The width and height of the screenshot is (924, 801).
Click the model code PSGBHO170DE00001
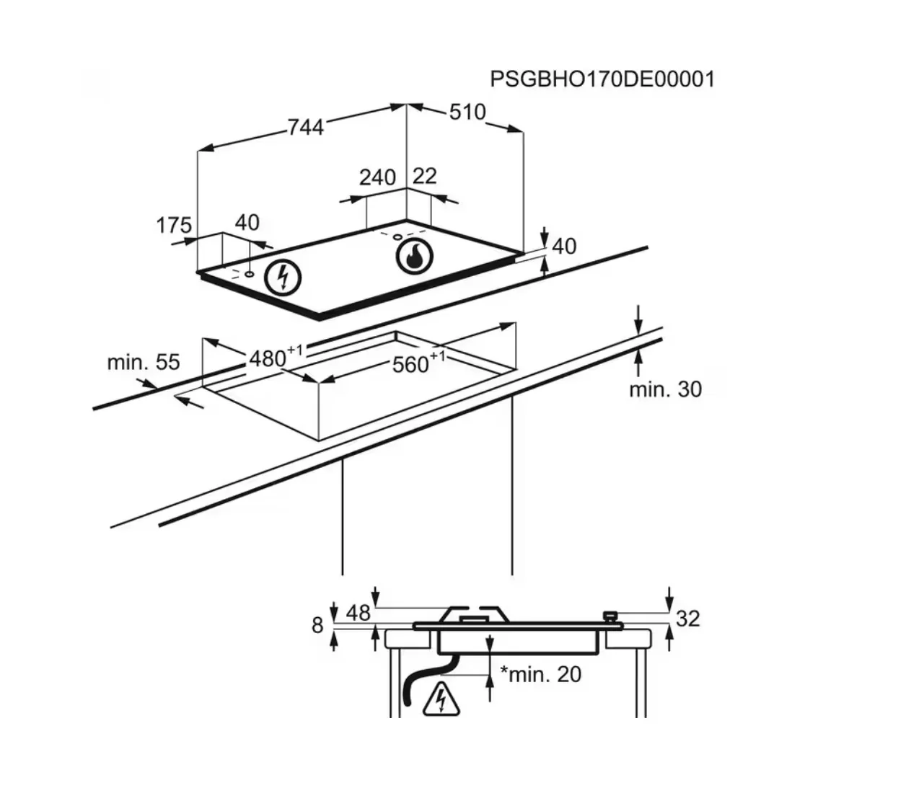point(602,79)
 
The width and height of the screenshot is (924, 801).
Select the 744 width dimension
point(306,128)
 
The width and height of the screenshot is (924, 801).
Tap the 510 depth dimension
point(467,112)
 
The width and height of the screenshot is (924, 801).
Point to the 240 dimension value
point(377,178)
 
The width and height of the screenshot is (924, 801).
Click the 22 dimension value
point(425,176)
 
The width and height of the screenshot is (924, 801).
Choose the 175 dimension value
point(174,225)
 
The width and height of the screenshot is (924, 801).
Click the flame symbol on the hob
point(414,257)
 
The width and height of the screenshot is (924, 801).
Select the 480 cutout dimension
point(276,357)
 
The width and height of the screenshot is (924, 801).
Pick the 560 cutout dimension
point(418,363)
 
